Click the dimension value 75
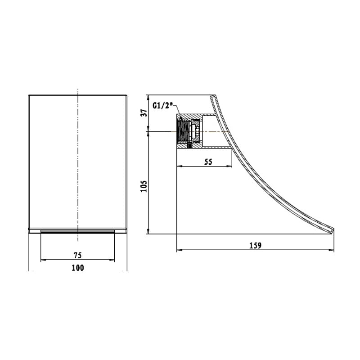(77, 255)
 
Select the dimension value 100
(77, 268)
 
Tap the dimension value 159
(255, 245)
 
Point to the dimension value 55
(208, 162)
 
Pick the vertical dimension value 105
(144, 186)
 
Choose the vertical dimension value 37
(144, 113)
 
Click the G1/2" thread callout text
(162, 106)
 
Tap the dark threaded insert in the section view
(183, 131)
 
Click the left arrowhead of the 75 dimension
(43, 260)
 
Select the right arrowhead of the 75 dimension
(112, 260)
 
